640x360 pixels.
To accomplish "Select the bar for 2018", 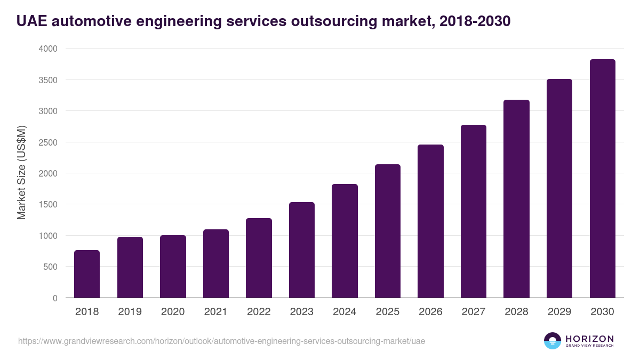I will coord(87,274).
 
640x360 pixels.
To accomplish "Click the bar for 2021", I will coord(216,263).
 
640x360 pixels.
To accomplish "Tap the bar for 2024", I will coord(345,241).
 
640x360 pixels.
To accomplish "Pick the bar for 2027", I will coord(474,211).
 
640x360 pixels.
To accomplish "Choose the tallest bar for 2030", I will coord(602,178).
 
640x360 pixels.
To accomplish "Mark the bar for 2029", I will coord(559,188).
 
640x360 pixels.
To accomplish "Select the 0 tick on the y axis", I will coord(55,298).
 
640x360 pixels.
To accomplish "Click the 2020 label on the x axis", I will coord(173,311).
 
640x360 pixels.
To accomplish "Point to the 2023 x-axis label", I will coord(302,311).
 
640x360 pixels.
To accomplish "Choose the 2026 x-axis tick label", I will coord(430,311).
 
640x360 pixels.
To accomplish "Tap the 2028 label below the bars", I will coord(516,311).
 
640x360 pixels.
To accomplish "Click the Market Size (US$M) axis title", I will coord(21,173).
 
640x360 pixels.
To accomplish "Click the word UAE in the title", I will coord(31,21).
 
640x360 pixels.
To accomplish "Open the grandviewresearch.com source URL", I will coord(221,341).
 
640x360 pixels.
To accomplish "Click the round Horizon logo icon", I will coord(553,341).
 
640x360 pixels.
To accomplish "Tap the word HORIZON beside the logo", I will coord(589,339).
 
